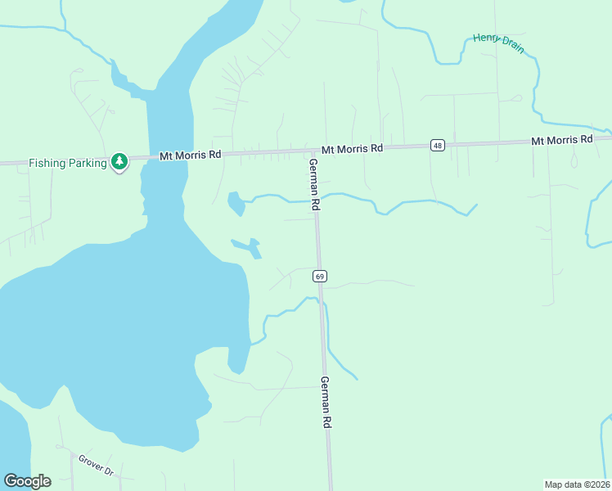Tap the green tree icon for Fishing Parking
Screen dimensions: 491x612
(x=119, y=161)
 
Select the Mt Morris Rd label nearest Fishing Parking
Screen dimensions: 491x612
(x=190, y=155)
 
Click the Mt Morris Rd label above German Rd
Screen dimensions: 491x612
(x=352, y=149)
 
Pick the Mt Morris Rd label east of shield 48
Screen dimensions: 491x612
(x=561, y=140)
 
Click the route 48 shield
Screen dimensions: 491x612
(x=439, y=146)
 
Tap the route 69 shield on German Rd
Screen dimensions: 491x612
(x=320, y=277)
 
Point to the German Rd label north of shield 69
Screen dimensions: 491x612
(x=313, y=185)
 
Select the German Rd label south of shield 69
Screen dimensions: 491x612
(x=325, y=402)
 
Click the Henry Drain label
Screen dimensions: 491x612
(x=498, y=43)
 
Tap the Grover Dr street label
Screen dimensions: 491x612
(x=96, y=465)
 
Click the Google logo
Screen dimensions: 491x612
(x=27, y=481)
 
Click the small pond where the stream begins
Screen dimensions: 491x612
(x=236, y=202)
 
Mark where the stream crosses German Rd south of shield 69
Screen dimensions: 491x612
(x=322, y=304)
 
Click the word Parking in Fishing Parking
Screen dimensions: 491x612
(x=88, y=163)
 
